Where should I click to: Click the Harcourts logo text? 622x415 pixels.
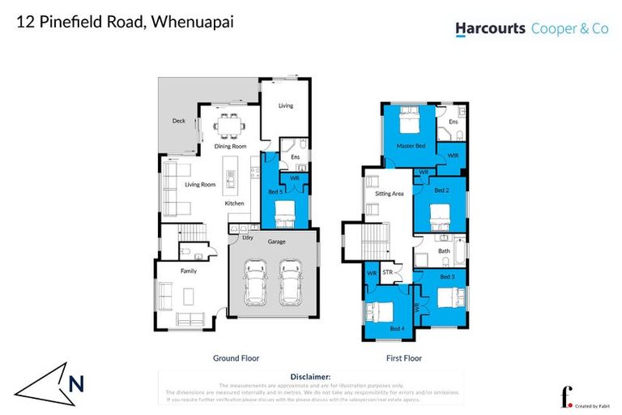tap(490, 28)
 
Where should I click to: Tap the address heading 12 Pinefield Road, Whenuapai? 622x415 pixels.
tap(125, 22)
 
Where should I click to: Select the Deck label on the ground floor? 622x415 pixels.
tap(179, 121)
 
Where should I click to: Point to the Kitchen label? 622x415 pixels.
tap(235, 203)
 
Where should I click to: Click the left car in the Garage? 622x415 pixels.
tap(254, 281)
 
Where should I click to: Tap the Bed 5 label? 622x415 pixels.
tap(275, 191)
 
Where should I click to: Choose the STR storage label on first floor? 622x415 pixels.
tap(388, 273)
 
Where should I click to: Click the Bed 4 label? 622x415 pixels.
tap(397, 327)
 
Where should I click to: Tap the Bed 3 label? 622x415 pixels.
tap(447, 276)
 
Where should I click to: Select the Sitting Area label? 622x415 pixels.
tap(389, 194)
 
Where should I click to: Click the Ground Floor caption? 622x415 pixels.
tap(236, 357)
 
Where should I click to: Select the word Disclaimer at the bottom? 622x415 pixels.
tap(310, 377)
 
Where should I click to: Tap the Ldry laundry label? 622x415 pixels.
tap(248, 237)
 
